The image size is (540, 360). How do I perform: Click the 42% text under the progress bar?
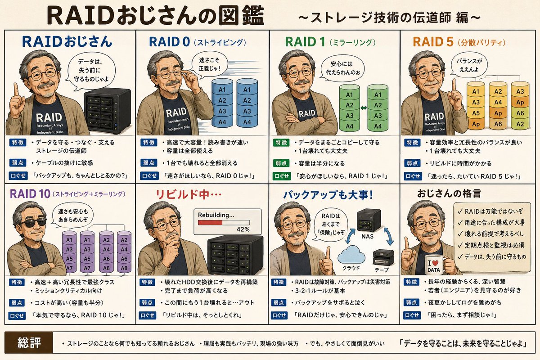click(243, 229)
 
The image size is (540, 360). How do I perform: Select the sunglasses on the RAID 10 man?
click(33, 222)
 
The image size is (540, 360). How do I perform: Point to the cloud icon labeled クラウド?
click(351, 255)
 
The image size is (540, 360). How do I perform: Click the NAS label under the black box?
click(367, 236)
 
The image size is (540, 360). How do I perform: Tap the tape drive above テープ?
click(383, 257)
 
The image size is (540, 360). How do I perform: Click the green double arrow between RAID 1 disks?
click(364, 108)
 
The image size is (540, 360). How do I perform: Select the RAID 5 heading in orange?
click(433, 42)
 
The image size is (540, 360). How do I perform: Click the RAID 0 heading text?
click(169, 42)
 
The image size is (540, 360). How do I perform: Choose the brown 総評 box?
click(29, 342)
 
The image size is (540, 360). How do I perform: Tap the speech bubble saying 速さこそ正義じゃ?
click(209, 65)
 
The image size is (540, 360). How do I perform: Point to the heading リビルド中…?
click(189, 194)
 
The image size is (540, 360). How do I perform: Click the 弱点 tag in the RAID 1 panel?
click(281, 163)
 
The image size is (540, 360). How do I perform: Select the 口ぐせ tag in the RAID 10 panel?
click(17, 315)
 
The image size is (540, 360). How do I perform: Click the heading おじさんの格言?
click(449, 193)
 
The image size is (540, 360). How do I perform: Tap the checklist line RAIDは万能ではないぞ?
click(490, 211)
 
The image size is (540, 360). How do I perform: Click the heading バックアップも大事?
click(328, 194)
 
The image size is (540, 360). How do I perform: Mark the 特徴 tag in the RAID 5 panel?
click(412, 143)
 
